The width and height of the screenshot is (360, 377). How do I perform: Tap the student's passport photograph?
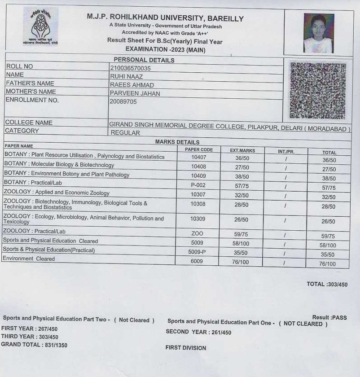coord(318,33)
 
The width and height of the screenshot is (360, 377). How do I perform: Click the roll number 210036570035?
coord(131,68)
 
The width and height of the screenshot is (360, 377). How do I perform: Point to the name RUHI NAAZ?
coord(126,76)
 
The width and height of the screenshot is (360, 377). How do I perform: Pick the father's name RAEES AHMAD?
coord(132,85)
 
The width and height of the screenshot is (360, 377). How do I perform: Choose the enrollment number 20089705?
coord(123,101)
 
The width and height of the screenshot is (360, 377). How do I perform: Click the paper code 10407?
coord(198,157)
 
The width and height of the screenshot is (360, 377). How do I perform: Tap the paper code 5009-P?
coord(197,252)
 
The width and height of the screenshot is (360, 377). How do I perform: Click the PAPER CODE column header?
coord(199,149)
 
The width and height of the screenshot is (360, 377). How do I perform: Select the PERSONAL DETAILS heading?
coord(144,60)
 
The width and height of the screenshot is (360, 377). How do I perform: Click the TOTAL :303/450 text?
coord(327,284)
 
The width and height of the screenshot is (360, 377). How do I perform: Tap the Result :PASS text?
coord(329,317)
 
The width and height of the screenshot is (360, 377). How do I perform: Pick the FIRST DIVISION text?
coord(186,348)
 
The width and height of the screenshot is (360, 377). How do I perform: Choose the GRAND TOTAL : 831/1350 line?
coord(34,345)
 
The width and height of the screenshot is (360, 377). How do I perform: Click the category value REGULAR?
coord(125,133)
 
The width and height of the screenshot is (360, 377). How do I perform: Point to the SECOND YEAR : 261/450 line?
coord(198,332)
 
